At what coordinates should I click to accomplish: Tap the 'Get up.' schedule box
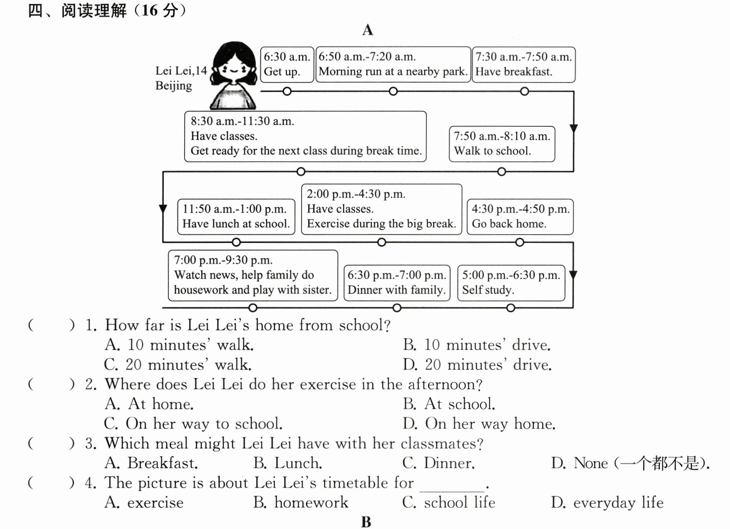pyautogui.click(x=287, y=65)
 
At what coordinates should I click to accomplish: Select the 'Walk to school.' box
pyautogui.click(x=502, y=144)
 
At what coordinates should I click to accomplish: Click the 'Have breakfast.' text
pyautogui.click(x=513, y=72)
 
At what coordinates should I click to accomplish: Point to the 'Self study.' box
pyautogui.click(x=511, y=283)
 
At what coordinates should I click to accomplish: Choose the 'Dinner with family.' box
pyautogui.click(x=397, y=283)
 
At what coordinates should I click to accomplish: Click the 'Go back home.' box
pyautogui.click(x=520, y=217)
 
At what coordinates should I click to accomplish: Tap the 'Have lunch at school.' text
pyautogui.click(x=236, y=224)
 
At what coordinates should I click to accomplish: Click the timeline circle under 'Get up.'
pyautogui.click(x=287, y=91)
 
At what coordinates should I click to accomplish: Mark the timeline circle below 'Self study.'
pyautogui.click(x=511, y=308)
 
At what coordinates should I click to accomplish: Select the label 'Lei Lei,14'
pyautogui.click(x=181, y=71)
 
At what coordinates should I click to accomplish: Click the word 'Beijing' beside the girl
pyautogui.click(x=173, y=86)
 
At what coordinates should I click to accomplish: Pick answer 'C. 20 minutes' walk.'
pyautogui.click(x=178, y=364)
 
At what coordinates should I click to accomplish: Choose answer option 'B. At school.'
pyautogui.click(x=449, y=404)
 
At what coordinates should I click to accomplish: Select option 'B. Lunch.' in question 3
pyautogui.click(x=288, y=463)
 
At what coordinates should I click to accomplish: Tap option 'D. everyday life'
pyautogui.click(x=607, y=502)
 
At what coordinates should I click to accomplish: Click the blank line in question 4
pyautogui.click(x=452, y=491)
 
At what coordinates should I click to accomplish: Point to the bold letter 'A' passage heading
pyautogui.click(x=367, y=30)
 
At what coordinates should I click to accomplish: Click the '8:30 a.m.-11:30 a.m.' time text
pyautogui.click(x=242, y=121)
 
